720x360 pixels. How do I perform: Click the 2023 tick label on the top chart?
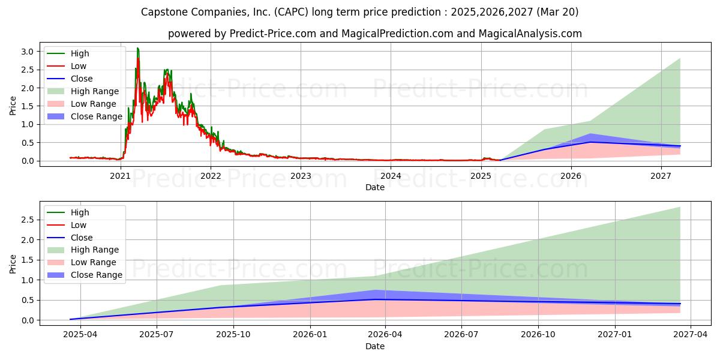click(301, 176)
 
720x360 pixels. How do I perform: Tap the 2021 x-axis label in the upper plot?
click(120, 176)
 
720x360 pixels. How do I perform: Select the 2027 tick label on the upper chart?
click(661, 176)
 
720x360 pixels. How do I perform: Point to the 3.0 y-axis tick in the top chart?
click(28, 52)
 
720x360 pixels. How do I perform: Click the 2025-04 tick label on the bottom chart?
click(80, 335)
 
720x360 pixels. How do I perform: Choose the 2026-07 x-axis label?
click(461, 335)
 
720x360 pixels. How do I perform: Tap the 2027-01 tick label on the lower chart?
click(614, 335)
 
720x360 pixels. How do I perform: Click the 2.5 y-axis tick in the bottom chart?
click(28, 220)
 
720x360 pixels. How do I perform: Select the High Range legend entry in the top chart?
click(83, 91)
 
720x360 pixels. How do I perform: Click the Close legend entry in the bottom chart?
click(70, 238)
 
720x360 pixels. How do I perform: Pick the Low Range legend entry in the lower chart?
click(82, 262)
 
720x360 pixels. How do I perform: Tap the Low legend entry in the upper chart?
click(67, 66)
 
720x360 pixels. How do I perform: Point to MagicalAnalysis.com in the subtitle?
click(530, 34)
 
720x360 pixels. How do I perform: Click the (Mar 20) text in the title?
click(557, 12)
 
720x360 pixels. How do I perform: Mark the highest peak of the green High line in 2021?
click(137, 48)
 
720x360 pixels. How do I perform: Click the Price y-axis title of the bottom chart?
click(13, 264)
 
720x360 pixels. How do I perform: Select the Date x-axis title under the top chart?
click(375, 187)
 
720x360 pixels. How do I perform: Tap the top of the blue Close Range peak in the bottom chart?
click(376, 290)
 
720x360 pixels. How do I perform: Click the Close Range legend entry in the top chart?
click(85, 116)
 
